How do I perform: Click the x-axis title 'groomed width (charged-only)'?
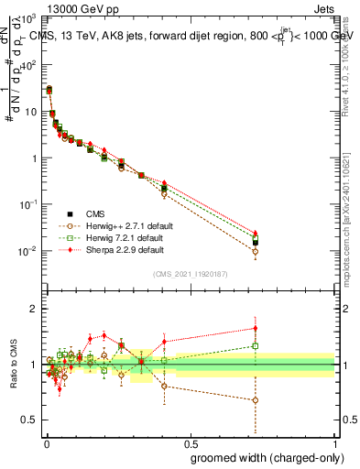(261, 456)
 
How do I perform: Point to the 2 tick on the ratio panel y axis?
(33, 309)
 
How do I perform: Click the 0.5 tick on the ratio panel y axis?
(29, 420)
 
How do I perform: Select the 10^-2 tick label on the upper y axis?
(28, 251)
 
